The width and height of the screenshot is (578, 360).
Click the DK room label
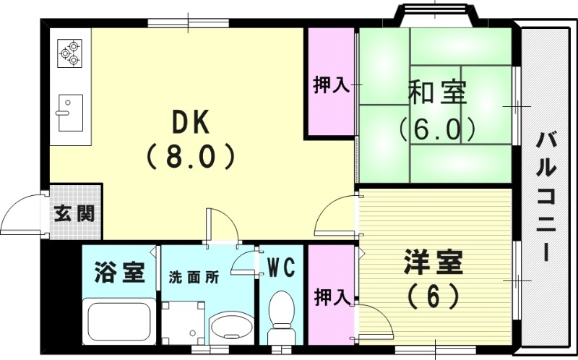(191, 123)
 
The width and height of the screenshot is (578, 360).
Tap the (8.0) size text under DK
(191, 155)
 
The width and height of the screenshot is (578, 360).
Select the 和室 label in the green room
(437, 93)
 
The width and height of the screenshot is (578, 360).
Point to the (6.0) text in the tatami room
(437, 128)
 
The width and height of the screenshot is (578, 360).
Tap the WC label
(281, 268)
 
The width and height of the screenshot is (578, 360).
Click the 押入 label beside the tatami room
(331, 85)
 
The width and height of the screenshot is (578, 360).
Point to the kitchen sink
(70, 112)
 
